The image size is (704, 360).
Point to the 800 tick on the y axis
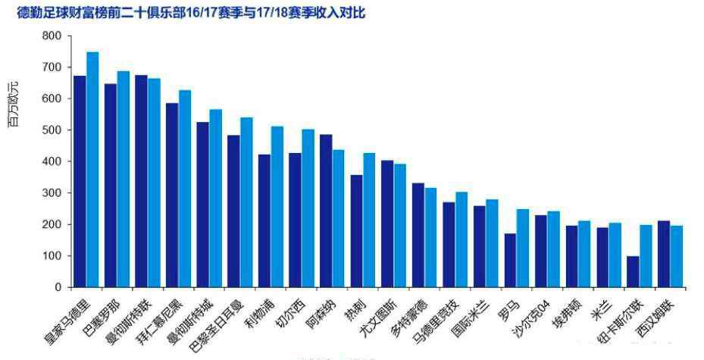52,36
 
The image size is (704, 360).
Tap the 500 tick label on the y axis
52,130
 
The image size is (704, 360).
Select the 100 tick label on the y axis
52,256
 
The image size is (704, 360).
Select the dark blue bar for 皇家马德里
80,182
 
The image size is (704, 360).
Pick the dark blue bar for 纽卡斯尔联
633,272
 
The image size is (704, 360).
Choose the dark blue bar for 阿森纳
326,211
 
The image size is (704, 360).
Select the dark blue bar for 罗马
510,261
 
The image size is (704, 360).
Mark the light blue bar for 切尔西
308,208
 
